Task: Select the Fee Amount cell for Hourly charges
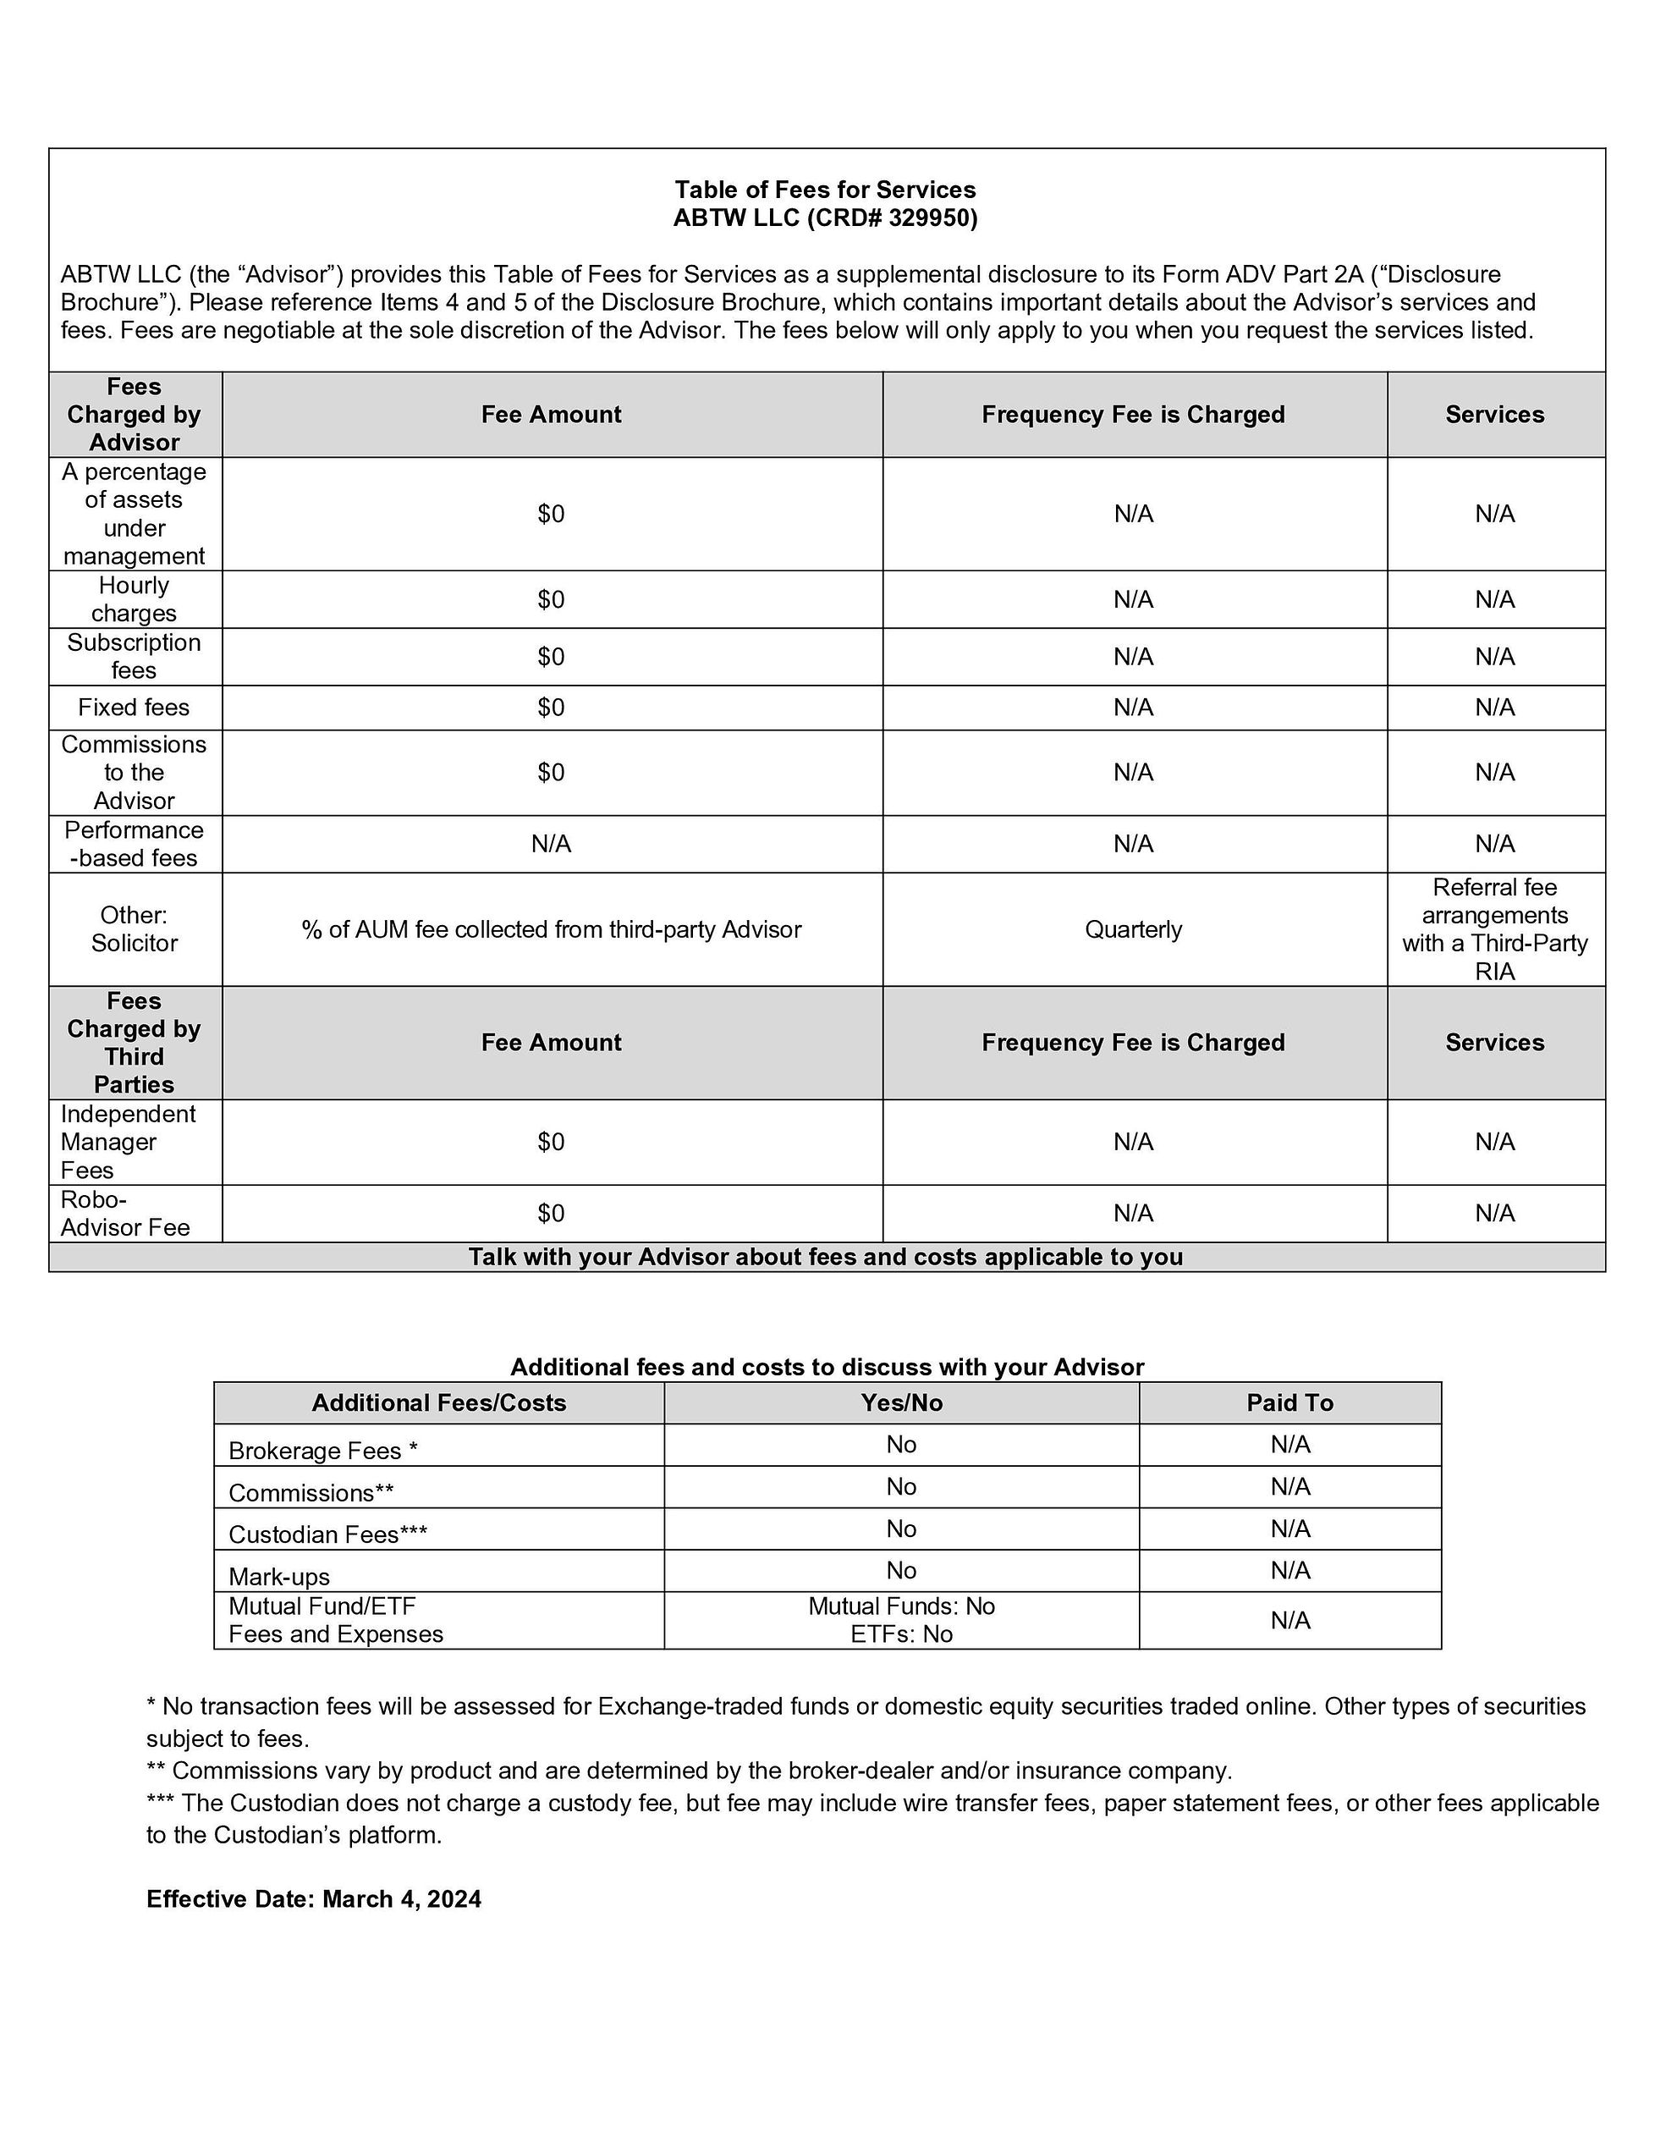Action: coord(552,599)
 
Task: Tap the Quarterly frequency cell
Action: coord(1133,929)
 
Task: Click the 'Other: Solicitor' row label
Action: coord(135,929)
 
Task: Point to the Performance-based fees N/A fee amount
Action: coord(552,844)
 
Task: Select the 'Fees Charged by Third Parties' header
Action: coord(135,1042)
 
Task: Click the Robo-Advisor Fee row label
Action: coord(124,1214)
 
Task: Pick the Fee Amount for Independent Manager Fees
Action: coord(552,1142)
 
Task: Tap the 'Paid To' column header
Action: coord(1289,1403)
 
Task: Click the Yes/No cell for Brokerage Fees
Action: coord(900,1445)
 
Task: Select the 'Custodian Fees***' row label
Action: coord(327,1534)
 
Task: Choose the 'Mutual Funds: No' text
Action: coord(900,1606)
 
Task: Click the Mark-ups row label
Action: coord(279,1577)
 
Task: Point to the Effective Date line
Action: coord(314,1898)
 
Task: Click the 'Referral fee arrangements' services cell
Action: coord(1494,929)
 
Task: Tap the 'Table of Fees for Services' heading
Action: coord(825,190)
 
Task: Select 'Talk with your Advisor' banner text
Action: coord(825,1257)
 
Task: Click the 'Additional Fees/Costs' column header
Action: coord(438,1403)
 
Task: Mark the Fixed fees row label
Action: coord(135,708)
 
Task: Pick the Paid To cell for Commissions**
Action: coord(1289,1486)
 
